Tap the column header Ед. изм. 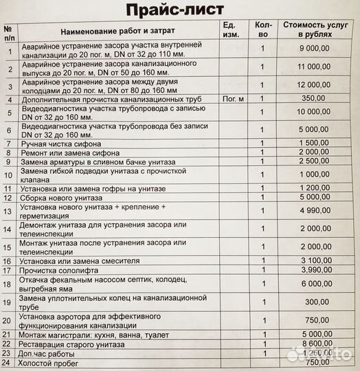coord(229,30)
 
